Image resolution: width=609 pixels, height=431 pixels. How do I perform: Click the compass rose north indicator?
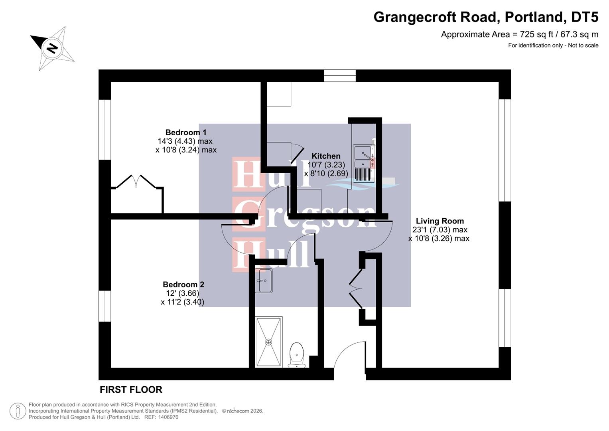52,48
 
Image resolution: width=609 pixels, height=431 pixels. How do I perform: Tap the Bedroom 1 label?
186,132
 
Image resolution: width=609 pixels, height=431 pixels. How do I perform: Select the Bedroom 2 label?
183,285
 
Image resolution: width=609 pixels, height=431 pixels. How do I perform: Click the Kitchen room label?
326,156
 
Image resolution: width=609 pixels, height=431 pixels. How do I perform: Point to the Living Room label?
440,221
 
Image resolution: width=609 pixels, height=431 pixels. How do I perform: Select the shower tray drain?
268,342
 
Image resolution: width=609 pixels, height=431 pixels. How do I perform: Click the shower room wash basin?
263,281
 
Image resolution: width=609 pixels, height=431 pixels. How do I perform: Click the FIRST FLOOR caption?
131,389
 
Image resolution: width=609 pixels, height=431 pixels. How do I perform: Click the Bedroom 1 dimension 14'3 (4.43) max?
185,141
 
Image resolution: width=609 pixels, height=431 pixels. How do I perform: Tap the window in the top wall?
339,75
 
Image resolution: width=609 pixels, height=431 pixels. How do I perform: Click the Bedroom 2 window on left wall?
104,306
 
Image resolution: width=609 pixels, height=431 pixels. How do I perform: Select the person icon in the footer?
18,411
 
